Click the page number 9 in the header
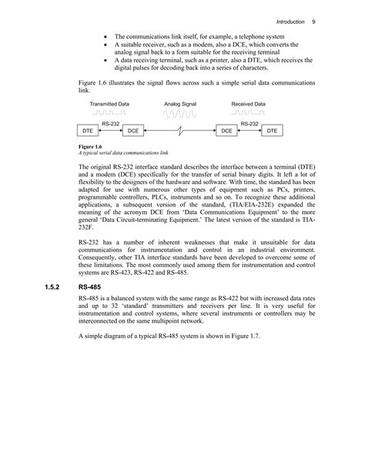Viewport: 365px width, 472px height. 314,22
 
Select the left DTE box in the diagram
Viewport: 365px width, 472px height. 89,132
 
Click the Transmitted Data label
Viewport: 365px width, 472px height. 109,103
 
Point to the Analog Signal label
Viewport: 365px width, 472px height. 180,103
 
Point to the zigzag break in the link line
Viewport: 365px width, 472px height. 180,132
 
